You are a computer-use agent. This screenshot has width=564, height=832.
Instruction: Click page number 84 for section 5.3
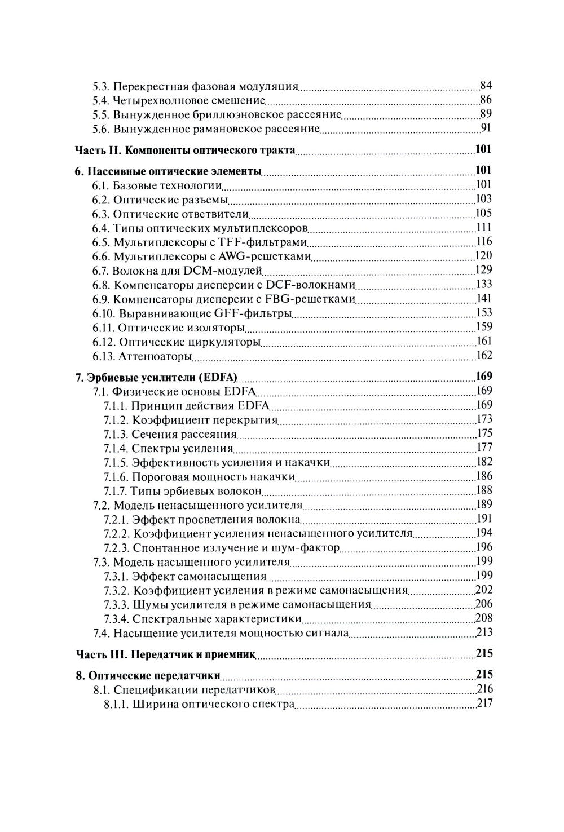(x=486, y=86)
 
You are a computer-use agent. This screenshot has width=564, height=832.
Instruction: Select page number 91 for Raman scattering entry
(x=486, y=128)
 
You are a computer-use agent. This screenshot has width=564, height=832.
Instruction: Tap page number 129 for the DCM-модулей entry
(x=484, y=270)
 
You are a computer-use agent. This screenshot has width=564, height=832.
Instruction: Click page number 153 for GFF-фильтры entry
(x=484, y=313)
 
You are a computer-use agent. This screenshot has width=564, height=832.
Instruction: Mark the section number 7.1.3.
(x=116, y=434)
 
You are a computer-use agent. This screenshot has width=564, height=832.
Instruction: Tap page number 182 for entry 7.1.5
(x=484, y=462)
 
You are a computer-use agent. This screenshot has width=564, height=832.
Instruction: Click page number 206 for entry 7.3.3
(x=484, y=604)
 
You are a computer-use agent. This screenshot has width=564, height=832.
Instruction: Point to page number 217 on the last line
(x=484, y=703)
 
